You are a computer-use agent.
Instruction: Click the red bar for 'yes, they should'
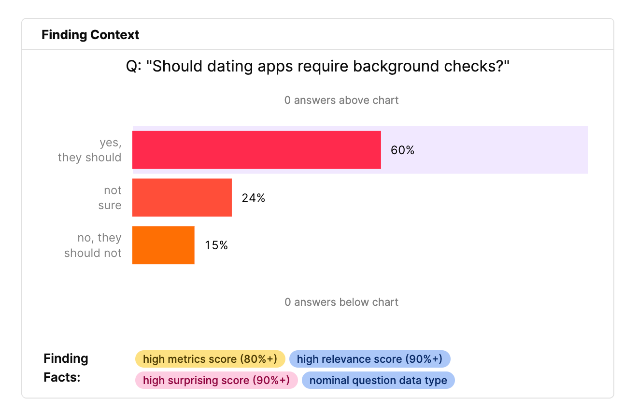coord(256,150)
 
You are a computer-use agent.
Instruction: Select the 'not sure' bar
coord(182,198)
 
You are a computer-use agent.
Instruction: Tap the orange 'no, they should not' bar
coord(164,245)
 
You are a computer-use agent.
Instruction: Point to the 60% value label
coord(402,150)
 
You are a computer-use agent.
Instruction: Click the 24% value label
coord(254,198)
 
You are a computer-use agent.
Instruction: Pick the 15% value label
coord(216,245)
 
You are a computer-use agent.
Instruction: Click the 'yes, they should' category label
coord(90,150)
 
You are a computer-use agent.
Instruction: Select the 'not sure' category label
coord(110,198)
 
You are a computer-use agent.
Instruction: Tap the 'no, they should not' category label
coord(93,245)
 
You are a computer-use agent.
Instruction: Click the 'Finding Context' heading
coord(90,35)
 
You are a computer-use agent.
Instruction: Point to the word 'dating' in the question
coord(230,67)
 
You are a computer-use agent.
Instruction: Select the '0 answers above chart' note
coord(341,100)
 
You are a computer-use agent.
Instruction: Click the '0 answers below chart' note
coord(341,302)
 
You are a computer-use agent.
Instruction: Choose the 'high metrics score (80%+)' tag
coord(210,359)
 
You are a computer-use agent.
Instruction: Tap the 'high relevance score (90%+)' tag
coord(369,359)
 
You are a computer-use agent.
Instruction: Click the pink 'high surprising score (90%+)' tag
coord(216,380)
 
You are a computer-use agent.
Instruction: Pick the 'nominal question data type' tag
coord(378,380)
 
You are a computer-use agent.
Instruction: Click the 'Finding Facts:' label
coord(66,368)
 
